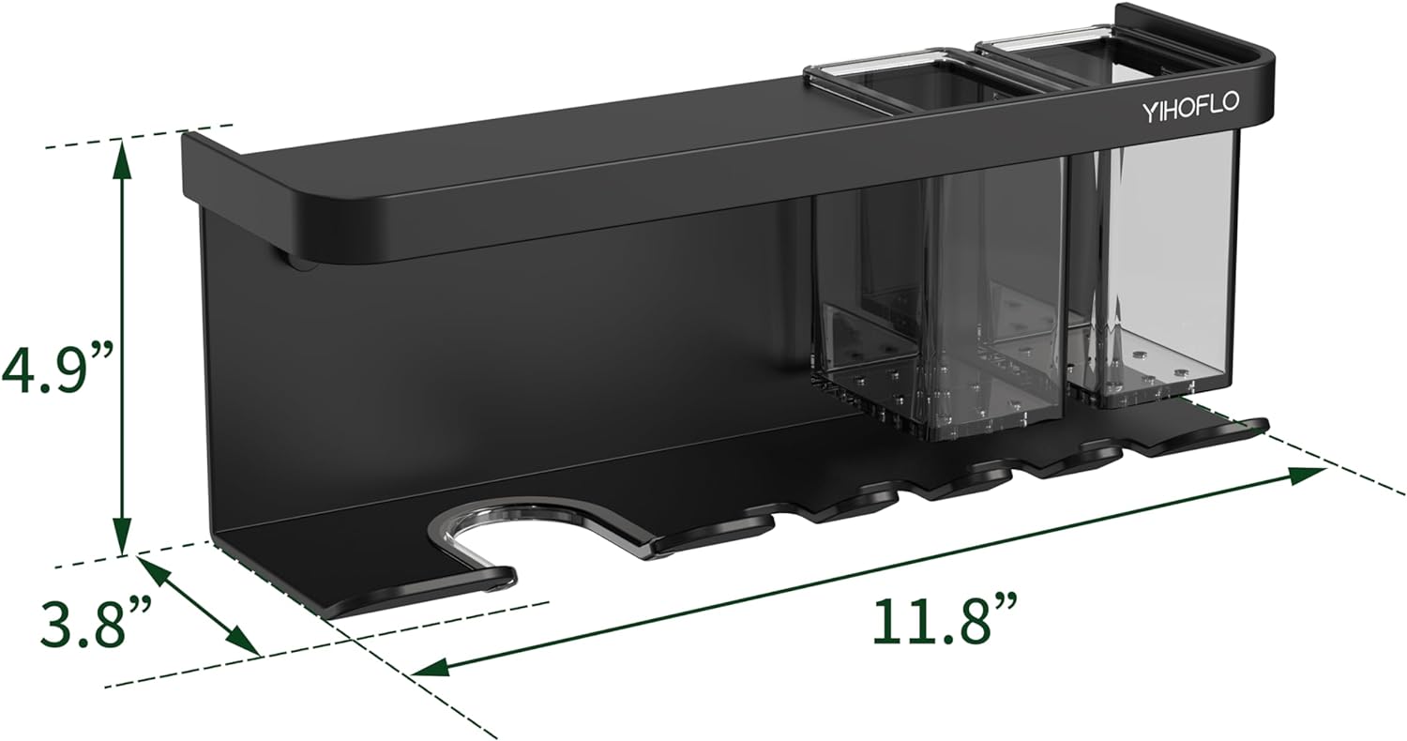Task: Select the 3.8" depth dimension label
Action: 96,622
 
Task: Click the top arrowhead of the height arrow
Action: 123,158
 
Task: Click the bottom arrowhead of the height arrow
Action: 123,537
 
